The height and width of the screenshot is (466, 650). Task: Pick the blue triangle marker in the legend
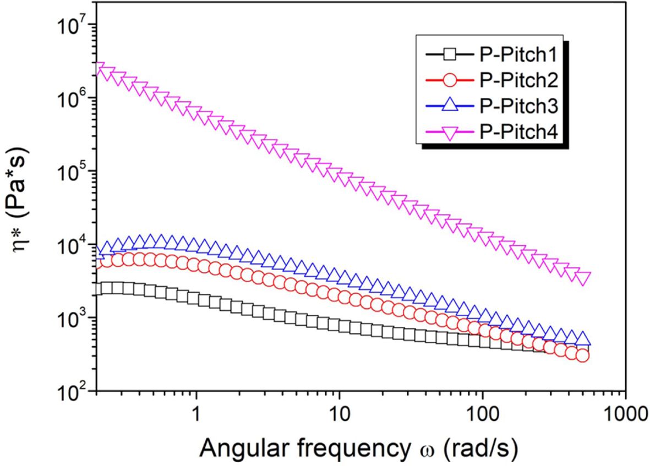[450, 106]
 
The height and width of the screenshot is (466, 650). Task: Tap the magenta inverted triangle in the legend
[450, 133]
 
